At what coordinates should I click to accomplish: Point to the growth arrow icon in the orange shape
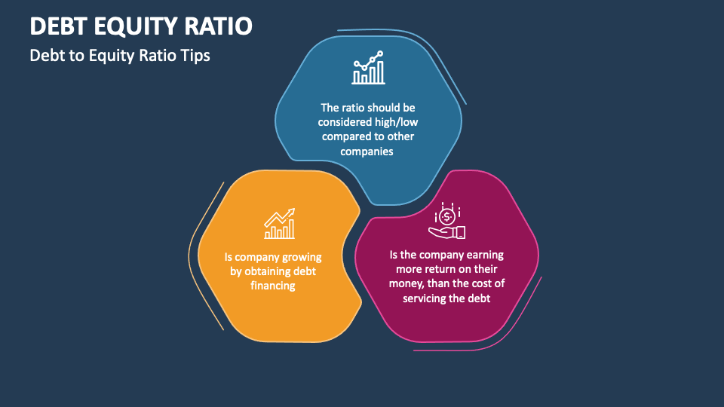point(279,224)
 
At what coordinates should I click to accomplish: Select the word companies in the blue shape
point(368,151)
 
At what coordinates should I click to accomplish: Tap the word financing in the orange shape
point(272,286)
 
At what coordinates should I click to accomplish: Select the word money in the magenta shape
point(407,283)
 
